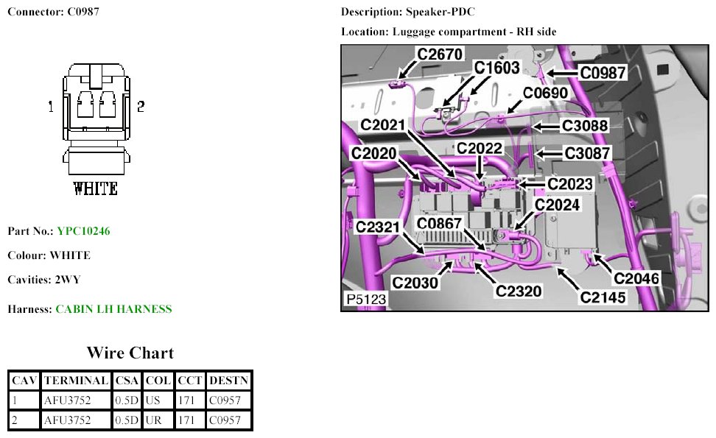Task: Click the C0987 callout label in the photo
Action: pos(603,72)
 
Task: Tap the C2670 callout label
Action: pos(440,54)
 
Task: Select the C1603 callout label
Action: pos(497,68)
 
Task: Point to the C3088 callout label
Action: pos(585,126)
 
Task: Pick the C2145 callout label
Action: pos(603,297)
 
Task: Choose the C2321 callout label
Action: pos(378,227)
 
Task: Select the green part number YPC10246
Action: pos(83,231)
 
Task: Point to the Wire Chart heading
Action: pos(130,353)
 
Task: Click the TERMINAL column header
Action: pos(77,381)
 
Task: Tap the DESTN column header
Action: pos(229,381)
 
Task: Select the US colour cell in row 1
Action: pos(153,400)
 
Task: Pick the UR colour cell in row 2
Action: pos(153,420)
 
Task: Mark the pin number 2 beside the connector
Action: pos(140,106)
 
